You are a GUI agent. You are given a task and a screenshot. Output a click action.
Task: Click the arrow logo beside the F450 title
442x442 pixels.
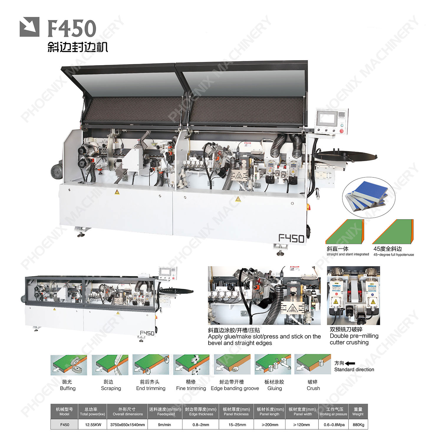(x=29, y=27)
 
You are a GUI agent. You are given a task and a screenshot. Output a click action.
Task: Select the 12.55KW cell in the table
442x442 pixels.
(x=93, y=425)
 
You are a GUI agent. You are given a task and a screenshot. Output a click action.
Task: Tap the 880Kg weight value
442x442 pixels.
(x=358, y=425)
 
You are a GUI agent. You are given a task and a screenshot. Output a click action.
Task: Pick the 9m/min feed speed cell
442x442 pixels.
(x=165, y=425)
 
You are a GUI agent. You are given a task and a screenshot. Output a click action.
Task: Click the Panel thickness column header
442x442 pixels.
(x=236, y=412)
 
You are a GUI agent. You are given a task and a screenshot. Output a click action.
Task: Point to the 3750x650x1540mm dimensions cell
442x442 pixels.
(x=128, y=425)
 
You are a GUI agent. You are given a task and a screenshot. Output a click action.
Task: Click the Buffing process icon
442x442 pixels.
(x=69, y=365)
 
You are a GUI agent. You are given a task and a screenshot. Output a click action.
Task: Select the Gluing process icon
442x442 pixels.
(x=273, y=365)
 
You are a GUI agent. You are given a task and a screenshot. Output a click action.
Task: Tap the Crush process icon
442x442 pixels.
(x=313, y=365)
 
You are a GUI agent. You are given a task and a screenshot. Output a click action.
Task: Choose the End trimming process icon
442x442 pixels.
(x=151, y=365)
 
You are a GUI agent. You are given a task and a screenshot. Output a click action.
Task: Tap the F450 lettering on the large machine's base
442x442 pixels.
(x=291, y=238)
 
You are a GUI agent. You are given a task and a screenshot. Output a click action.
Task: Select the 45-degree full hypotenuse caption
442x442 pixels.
(x=394, y=255)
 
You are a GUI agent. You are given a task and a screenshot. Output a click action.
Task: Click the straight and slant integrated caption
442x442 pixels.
(x=348, y=254)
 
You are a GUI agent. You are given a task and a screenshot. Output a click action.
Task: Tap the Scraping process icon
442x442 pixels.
(x=110, y=365)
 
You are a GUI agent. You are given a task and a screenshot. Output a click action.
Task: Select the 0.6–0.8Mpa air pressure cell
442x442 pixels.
(x=334, y=425)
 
